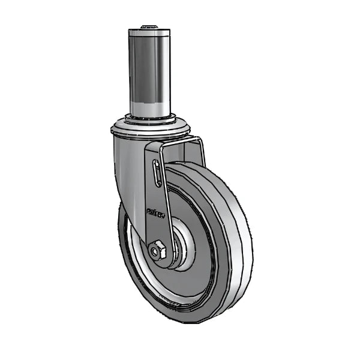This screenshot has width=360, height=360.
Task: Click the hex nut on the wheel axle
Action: (158, 250)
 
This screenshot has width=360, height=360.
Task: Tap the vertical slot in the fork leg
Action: (157, 174)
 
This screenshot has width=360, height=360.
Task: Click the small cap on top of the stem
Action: (149, 27)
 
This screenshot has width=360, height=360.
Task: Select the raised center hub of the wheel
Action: (183, 246)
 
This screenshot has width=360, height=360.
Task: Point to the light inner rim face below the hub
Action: (180, 282)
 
